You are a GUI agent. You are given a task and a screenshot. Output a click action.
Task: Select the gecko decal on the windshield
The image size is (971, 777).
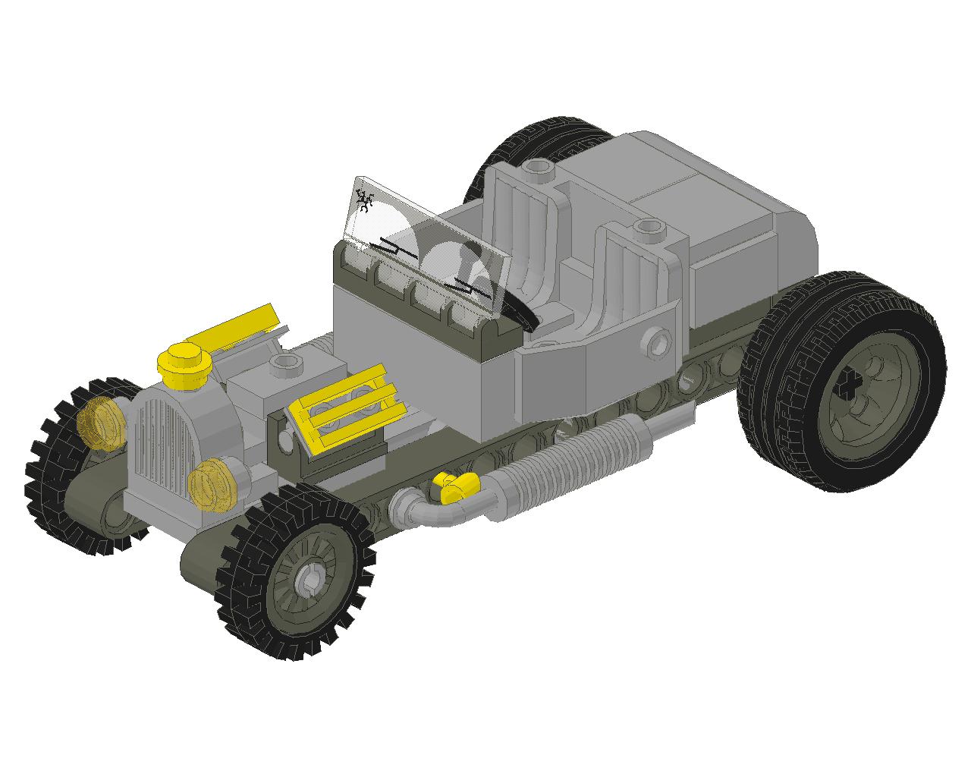tap(365, 201)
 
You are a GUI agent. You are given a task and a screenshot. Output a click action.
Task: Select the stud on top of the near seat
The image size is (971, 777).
tap(646, 225)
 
